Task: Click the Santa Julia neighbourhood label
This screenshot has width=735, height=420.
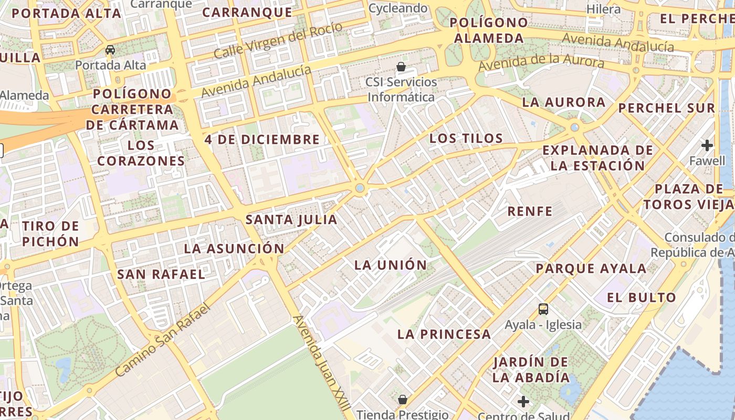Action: tap(291, 219)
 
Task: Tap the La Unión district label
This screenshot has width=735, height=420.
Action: tap(391, 265)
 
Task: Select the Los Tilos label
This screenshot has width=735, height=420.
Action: tap(466, 139)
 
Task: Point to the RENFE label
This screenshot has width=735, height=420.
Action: tap(530, 212)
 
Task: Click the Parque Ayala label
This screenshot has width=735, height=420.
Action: tap(591, 269)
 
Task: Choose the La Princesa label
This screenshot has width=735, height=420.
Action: tap(444, 334)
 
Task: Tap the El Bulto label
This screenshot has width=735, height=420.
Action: tap(642, 298)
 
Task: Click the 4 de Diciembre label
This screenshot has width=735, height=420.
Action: tap(262, 140)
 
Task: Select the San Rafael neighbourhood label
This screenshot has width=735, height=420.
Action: tap(161, 274)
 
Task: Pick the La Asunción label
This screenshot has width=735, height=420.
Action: tap(234, 248)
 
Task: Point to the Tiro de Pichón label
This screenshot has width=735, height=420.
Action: tap(50, 234)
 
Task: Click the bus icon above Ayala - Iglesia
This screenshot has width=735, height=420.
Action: tap(543, 309)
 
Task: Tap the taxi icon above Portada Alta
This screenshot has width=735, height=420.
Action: tap(110, 50)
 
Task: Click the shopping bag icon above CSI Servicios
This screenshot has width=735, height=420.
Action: tap(401, 67)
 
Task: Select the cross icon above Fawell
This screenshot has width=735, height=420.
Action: tap(707, 145)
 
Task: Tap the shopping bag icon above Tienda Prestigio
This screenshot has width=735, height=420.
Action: tap(403, 400)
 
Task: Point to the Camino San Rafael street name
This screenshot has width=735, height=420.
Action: tap(163, 340)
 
